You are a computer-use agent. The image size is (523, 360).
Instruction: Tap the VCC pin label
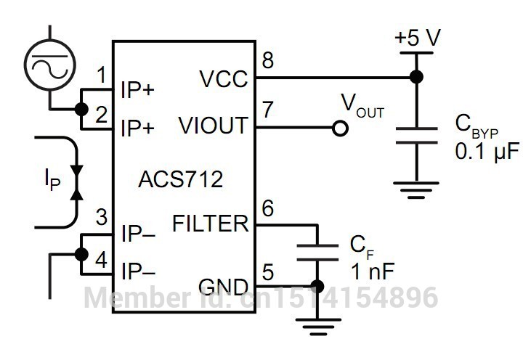click(223, 79)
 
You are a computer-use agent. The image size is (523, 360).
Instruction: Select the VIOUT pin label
click(213, 126)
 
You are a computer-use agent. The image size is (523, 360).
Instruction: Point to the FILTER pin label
click(210, 224)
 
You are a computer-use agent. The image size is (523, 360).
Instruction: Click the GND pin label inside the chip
click(223, 287)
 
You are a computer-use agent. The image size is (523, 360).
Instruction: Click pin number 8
click(267, 60)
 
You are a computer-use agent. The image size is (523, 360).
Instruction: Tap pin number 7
click(267, 109)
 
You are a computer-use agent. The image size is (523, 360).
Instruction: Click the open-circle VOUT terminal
click(338, 128)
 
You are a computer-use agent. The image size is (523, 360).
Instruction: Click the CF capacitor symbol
click(317, 252)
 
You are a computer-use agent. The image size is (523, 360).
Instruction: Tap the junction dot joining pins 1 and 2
click(81, 109)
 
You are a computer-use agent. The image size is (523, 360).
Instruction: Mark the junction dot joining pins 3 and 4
click(81, 254)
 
